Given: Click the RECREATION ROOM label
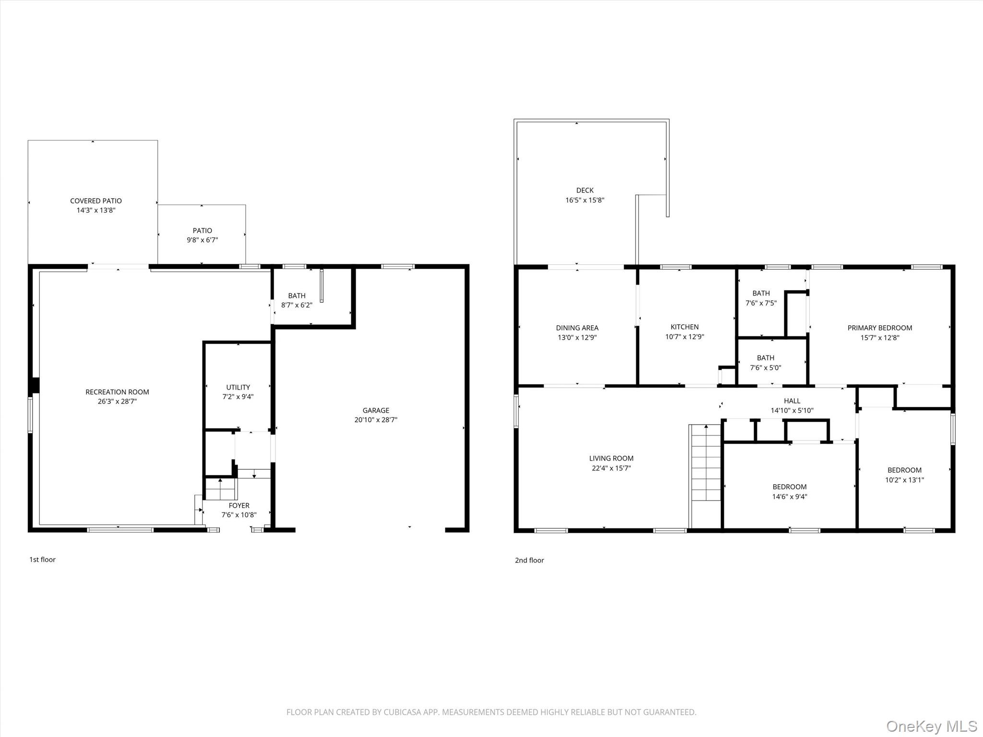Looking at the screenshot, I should [x=117, y=392].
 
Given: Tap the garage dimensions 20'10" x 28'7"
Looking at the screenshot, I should [x=376, y=420].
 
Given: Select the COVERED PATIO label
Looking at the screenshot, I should [x=96, y=201].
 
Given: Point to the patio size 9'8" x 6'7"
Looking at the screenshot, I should [x=202, y=240].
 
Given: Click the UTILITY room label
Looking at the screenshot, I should [x=238, y=387].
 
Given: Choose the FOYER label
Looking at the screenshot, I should [x=239, y=506].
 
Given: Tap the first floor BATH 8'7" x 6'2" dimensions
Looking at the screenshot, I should [x=297, y=305].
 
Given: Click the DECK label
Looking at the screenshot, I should [x=585, y=190].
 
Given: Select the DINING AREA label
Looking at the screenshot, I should [x=577, y=328].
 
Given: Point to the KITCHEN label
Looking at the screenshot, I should [x=684, y=327].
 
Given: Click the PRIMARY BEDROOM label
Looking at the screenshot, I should [x=879, y=328].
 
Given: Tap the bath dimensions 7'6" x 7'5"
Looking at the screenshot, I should [x=761, y=303].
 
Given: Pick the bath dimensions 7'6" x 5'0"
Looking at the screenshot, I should [x=766, y=368].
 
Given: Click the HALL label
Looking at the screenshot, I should [x=792, y=401].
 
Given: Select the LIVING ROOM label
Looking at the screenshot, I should [x=611, y=459].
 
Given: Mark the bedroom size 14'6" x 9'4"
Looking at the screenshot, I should [x=790, y=497].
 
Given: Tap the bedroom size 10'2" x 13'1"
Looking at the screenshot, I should [x=904, y=480].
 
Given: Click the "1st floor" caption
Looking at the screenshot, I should [x=43, y=559].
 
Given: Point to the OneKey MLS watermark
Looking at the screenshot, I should [x=931, y=726].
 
